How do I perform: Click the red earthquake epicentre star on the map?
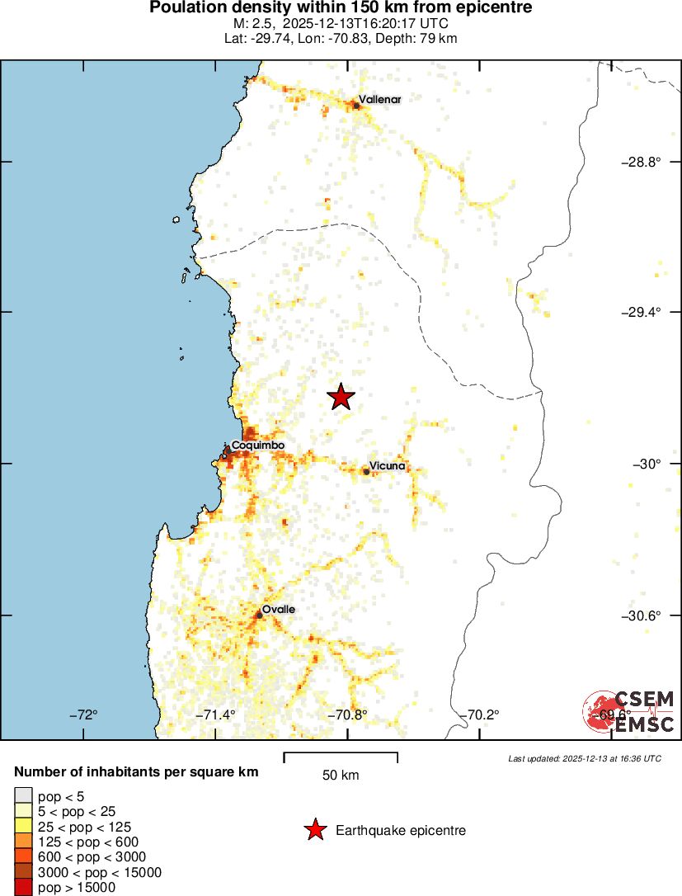point(341,397)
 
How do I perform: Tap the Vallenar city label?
point(379,100)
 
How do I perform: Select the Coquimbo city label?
point(258,446)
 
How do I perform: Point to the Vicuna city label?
point(387,466)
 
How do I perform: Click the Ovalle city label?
point(279,610)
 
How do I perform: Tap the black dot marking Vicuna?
point(366,472)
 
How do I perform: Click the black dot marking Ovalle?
point(259,615)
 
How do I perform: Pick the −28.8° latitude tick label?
point(641,162)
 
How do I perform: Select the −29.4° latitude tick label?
point(641,312)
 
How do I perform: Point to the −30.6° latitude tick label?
point(641,615)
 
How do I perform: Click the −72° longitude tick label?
point(84,714)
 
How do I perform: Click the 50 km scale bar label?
point(341,776)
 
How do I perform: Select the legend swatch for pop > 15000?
point(24,888)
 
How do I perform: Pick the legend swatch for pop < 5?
point(24,796)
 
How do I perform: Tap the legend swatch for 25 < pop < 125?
point(24,827)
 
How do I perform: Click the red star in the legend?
point(315,830)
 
